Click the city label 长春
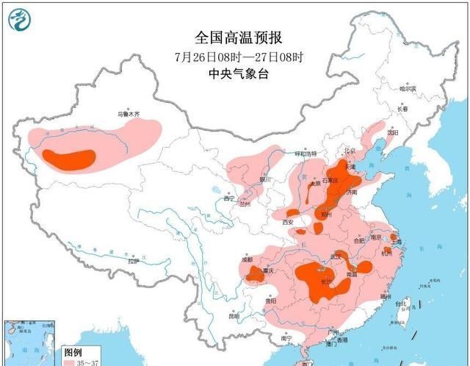[402, 109]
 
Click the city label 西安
[287, 221]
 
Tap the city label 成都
[245, 259]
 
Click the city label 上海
[397, 240]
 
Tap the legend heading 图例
[71, 352]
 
